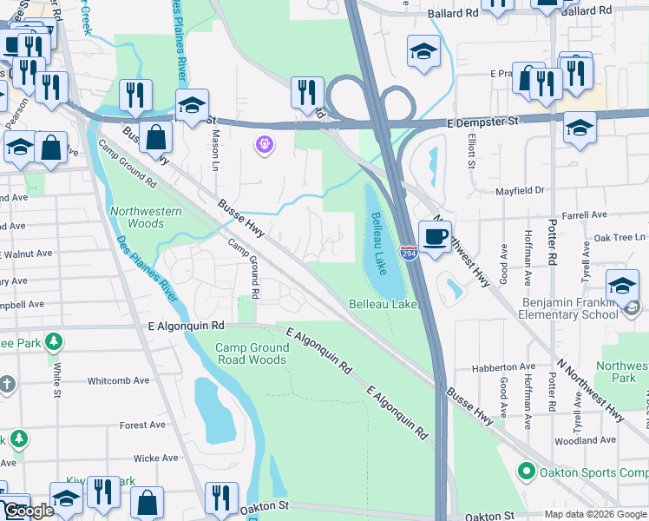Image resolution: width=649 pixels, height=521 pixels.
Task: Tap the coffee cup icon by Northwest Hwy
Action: pyautogui.click(x=435, y=235)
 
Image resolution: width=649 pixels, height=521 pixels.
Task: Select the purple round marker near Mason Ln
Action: pyautogui.click(x=265, y=144)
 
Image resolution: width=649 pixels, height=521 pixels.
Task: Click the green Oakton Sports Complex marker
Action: pyautogui.click(x=525, y=472)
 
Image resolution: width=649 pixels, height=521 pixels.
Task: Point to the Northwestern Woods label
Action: pyautogui.click(x=146, y=217)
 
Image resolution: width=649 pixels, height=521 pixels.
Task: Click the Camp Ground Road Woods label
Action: pyautogui.click(x=251, y=353)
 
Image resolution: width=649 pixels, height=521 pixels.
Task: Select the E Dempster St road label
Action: pyautogui.click(x=482, y=122)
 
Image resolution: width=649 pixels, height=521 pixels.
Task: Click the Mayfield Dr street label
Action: pyautogui.click(x=519, y=189)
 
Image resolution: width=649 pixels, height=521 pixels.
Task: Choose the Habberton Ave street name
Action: pyautogui.click(x=503, y=367)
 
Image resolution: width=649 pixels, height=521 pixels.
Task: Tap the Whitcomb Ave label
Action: pyautogui.click(x=121, y=381)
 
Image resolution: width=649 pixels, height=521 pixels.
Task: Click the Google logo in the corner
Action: pyautogui.click(x=29, y=511)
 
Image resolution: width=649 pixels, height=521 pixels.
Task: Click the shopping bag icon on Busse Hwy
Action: pyautogui.click(x=156, y=139)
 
